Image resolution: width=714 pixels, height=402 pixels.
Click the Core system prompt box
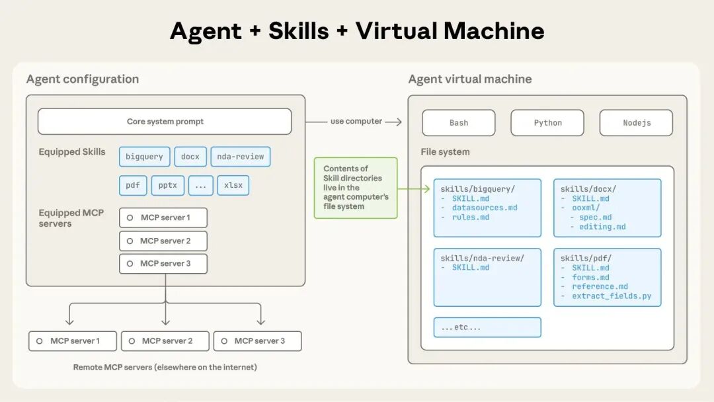(165, 122)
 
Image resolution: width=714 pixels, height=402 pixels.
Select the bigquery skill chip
(144, 157)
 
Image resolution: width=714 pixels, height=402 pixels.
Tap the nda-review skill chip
(240, 157)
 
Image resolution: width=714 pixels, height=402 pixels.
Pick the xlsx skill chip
(233, 185)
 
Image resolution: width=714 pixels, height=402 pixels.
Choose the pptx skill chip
(168, 185)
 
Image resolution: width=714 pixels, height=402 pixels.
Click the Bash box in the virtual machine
(458, 123)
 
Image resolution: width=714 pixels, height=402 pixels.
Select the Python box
(547, 123)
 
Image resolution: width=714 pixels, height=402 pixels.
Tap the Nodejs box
(636, 123)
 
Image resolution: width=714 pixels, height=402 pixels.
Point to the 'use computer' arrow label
(356, 122)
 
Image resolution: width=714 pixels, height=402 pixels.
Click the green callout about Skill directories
(356, 188)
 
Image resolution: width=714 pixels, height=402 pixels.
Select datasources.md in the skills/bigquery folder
(485, 208)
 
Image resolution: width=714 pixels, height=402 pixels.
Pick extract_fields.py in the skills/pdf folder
(612, 296)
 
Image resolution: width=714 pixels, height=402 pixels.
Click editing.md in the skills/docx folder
(602, 227)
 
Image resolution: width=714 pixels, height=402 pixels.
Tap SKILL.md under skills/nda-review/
(471, 268)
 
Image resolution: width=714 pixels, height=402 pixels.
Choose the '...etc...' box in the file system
(487, 327)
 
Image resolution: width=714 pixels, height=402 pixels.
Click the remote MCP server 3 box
(258, 341)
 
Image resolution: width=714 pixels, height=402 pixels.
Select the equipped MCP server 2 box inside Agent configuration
(163, 241)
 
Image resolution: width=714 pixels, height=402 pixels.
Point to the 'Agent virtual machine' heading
(469, 79)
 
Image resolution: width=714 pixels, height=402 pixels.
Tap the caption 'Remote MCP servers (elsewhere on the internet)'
(165, 367)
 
